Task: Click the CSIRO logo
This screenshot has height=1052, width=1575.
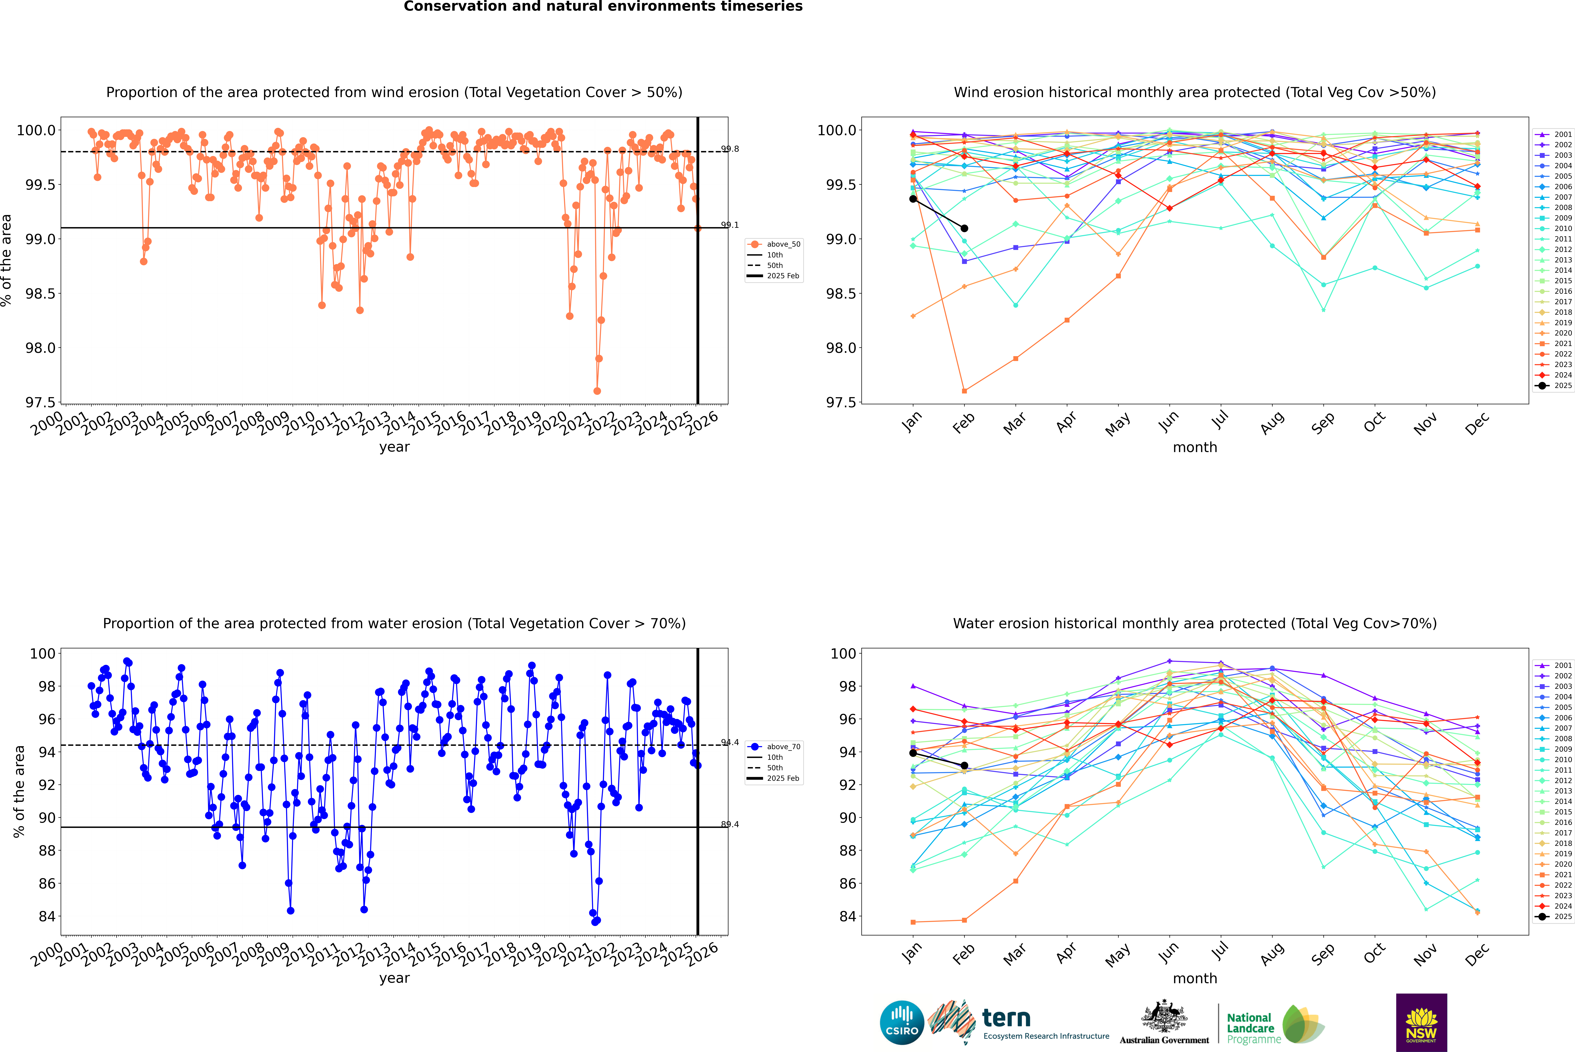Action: [902, 1023]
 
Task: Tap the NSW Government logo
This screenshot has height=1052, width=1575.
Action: [1421, 1023]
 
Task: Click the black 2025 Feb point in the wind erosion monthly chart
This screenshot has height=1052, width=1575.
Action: [964, 228]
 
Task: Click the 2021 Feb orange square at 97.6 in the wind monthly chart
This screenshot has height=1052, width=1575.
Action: [964, 390]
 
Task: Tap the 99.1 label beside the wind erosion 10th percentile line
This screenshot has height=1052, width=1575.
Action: [730, 225]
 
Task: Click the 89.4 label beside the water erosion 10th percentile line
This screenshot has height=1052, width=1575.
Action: [730, 824]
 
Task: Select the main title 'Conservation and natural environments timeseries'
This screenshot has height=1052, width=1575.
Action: [603, 7]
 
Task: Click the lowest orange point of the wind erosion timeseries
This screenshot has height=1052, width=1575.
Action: [597, 390]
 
